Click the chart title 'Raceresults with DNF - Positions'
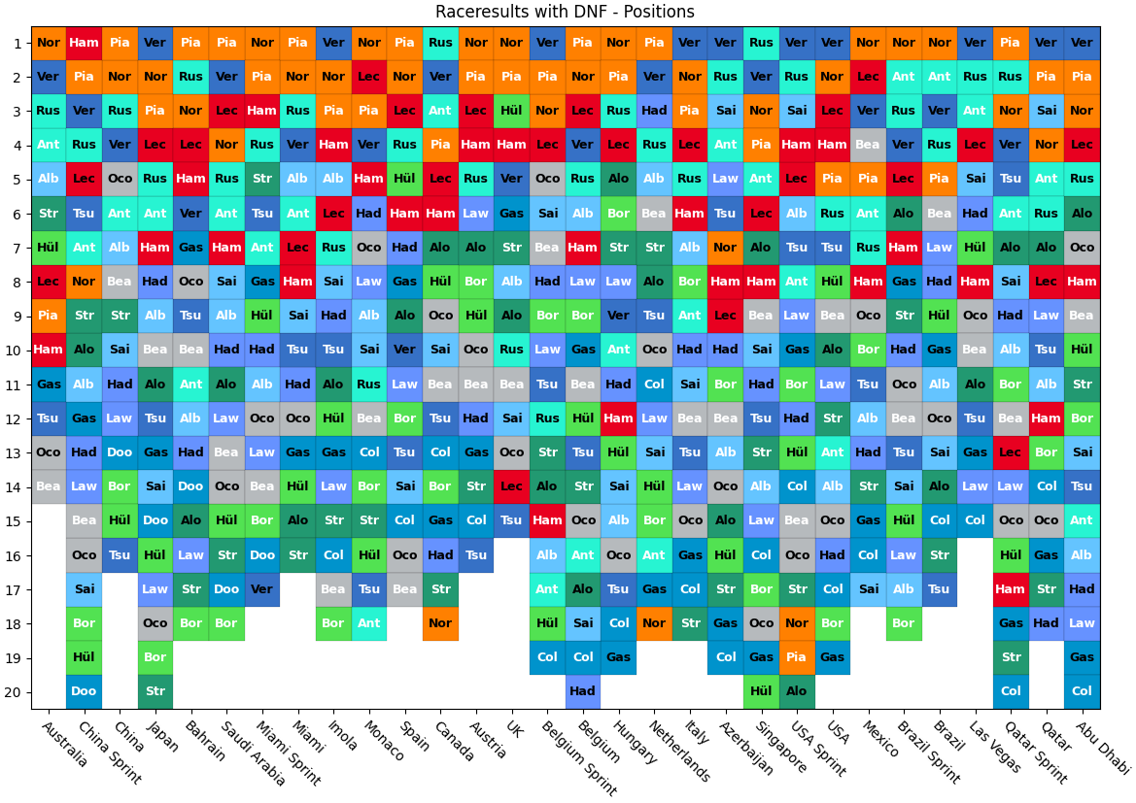tap(565, 12)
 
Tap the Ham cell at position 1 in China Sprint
tap(84, 43)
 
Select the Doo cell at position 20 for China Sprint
tap(84, 691)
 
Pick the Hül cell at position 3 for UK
tap(511, 111)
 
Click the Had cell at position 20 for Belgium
tap(583, 691)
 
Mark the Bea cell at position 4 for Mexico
tap(868, 145)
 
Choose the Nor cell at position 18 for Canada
tap(440, 623)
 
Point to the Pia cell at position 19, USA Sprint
tap(797, 657)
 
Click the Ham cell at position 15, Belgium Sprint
tap(547, 520)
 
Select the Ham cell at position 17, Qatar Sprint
tap(1011, 588)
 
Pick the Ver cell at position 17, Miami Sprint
tap(262, 588)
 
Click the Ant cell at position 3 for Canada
tap(440, 111)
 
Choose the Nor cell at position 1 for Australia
tap(49, 43)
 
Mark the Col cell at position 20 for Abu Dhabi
tap(1082, 691)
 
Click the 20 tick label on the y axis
tap(18, 691)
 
